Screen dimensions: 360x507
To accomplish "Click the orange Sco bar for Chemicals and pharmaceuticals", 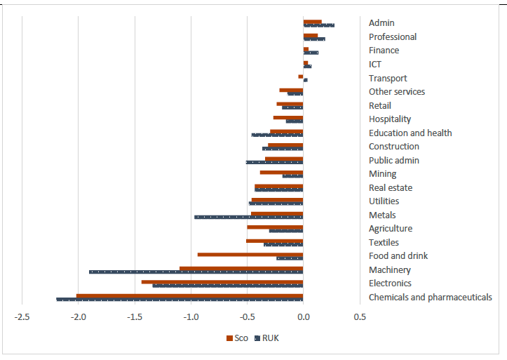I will tap(189, 295).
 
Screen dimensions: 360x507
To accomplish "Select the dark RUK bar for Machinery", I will tap(196, 272).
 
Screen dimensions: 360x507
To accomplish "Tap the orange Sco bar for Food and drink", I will tap(250, 254).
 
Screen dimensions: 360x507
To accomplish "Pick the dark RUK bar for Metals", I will tap(248, 217).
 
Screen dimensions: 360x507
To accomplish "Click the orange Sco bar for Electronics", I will tap(222, 281).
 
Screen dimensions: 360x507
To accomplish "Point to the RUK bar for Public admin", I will tap(274, 162).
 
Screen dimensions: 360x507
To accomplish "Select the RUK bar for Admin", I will tap(318, 25).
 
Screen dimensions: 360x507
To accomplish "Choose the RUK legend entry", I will tap(266, 338).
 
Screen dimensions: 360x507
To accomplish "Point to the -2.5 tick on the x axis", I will tap(22, 317).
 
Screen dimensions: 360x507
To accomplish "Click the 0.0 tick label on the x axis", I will tap(303, 317).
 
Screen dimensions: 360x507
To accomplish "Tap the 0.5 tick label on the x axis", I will tap(359, 317).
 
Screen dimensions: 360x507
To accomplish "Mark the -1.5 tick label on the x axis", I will tap(134, 317).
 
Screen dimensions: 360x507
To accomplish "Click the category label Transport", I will tap(388, 78).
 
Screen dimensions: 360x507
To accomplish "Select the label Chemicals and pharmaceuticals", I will tap(430, 298).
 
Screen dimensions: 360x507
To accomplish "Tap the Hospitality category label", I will tap(390, 119).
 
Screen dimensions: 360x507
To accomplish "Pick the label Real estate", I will tap(391, 187).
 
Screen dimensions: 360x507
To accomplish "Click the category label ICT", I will tap(375, 65).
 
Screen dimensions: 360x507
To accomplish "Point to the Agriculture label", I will tap(391, 229).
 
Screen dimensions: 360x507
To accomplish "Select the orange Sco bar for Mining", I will tap(281, 172).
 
